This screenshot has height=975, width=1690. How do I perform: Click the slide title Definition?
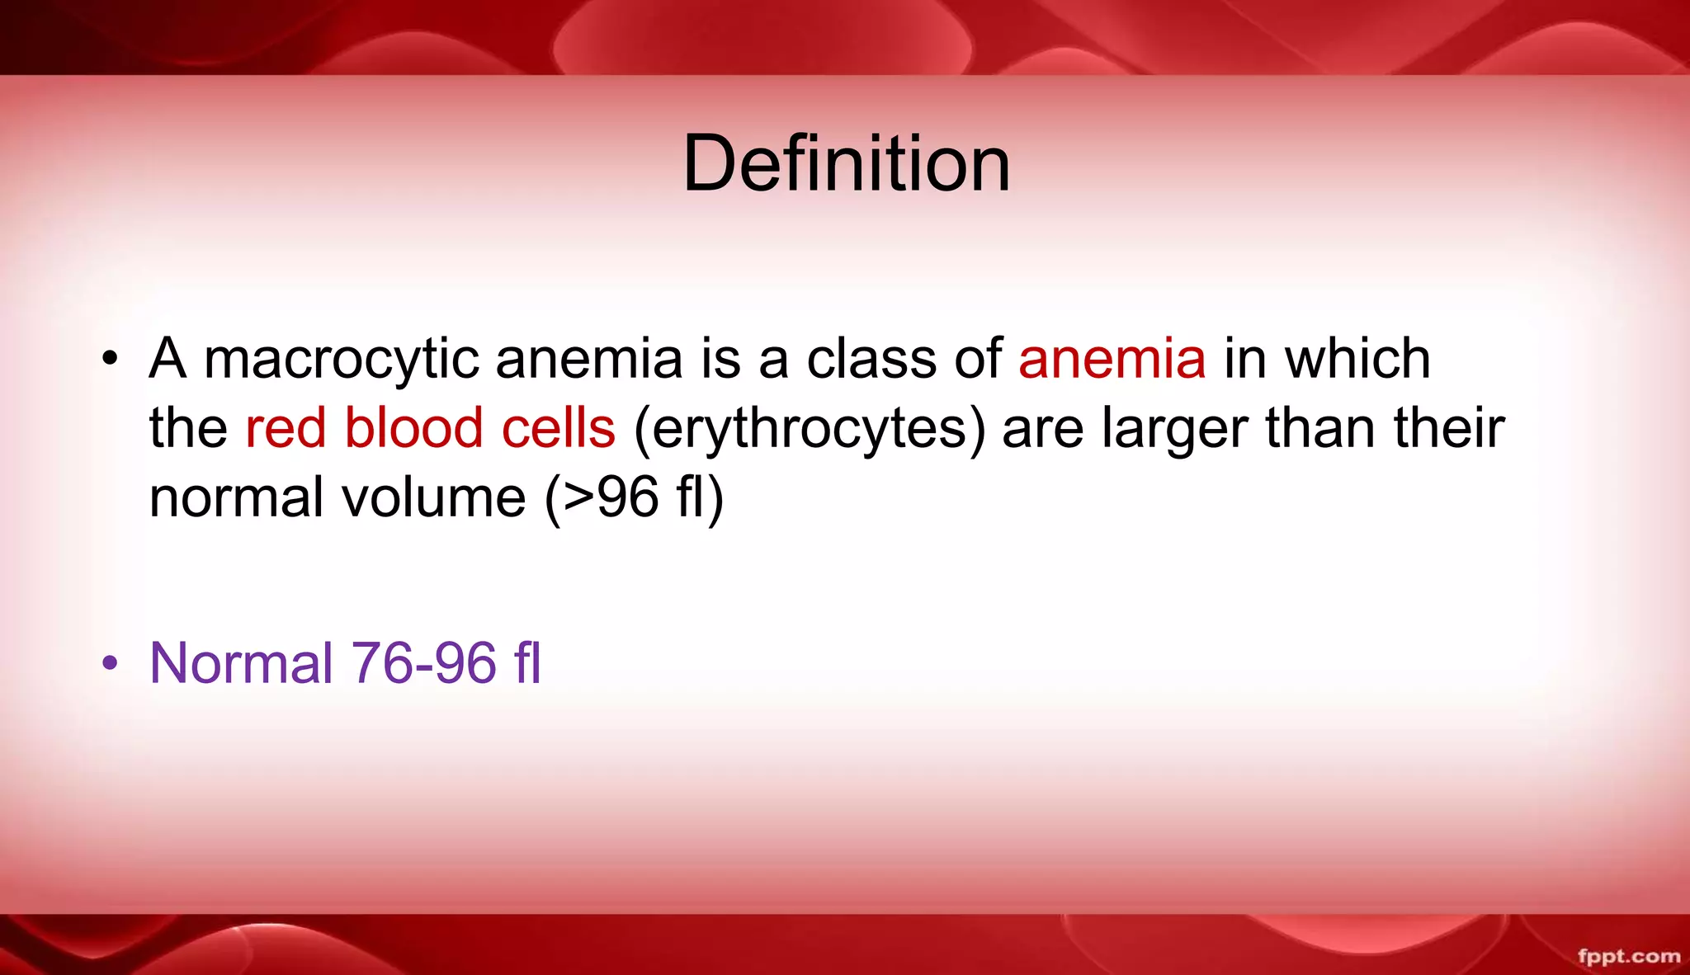847,163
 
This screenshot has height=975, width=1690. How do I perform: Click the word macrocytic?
342,360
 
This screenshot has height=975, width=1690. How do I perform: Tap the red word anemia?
1112,360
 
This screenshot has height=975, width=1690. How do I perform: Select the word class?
871,360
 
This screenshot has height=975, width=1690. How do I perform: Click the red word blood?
413,429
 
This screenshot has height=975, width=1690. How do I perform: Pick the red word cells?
559,429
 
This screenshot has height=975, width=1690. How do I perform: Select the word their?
1450,429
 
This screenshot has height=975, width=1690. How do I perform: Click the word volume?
434,498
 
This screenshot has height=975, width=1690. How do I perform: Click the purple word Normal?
241,663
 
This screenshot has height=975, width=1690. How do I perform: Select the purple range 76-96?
424,663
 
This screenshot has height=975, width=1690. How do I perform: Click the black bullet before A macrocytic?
111,361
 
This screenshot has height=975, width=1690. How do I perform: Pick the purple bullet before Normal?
111,665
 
